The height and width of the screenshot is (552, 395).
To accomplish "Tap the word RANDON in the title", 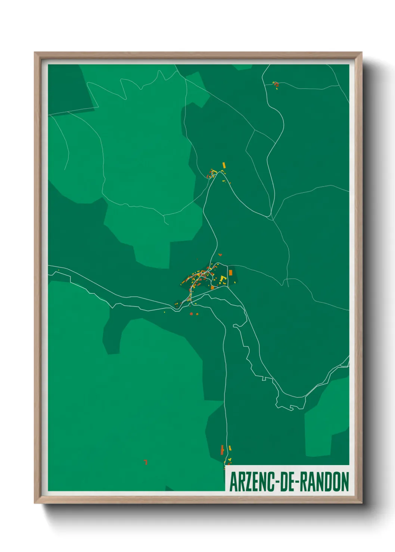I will point(324,482).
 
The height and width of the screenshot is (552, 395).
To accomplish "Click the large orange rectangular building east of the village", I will point(230,273).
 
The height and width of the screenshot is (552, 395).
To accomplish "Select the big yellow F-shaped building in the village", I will point(223,279).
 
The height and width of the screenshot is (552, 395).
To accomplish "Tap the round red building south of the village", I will point(191,314).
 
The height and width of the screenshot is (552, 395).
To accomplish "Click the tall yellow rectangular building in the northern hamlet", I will point(224,164).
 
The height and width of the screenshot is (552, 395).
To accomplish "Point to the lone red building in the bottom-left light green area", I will point(146,462).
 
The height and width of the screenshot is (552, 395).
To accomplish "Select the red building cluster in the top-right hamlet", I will point(276,85).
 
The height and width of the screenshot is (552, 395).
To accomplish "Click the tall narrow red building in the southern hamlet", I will point(222,449).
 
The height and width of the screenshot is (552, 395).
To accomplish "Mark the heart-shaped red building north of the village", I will point(220,255).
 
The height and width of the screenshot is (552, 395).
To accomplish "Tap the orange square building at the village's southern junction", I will point(212,288).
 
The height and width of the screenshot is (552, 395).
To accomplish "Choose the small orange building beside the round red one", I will point(196,314).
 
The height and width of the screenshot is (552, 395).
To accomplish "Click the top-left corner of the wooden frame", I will point(36,53).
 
